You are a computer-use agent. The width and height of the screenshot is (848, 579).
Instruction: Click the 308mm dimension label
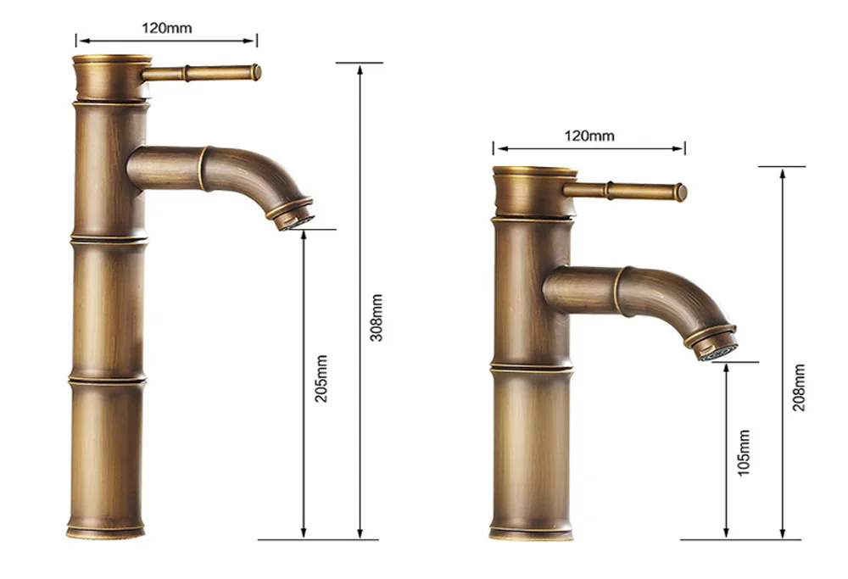point(377,318)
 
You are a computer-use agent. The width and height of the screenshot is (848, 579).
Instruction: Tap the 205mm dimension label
point(321,378)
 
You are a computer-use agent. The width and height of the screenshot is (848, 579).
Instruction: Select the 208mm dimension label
point(799,387)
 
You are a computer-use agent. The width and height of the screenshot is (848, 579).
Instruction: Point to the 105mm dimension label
point(745,453)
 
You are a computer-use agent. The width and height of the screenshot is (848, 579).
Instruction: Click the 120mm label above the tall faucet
point(166,28)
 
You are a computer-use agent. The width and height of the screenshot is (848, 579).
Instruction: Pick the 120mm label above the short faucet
point(589,136)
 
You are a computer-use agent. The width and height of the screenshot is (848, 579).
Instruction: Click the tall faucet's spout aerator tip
point(296,220)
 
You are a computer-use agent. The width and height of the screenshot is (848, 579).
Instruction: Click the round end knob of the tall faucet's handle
point(256,72)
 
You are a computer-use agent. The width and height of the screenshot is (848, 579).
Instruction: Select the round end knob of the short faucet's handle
point(682,193)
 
